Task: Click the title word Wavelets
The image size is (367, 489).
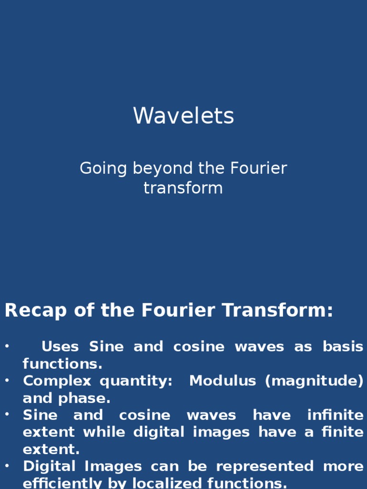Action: click(183, 116)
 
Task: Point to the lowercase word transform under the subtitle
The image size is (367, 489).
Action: click(183, 188)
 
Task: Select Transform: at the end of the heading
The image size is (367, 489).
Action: click(286, 311)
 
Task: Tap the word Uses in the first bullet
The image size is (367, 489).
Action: click(60, 347)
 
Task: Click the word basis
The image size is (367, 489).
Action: click(343, 347)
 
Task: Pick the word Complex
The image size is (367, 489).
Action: click(57, 381)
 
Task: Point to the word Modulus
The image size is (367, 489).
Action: click(222, 381)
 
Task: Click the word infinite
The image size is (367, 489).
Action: click(335, 415)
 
